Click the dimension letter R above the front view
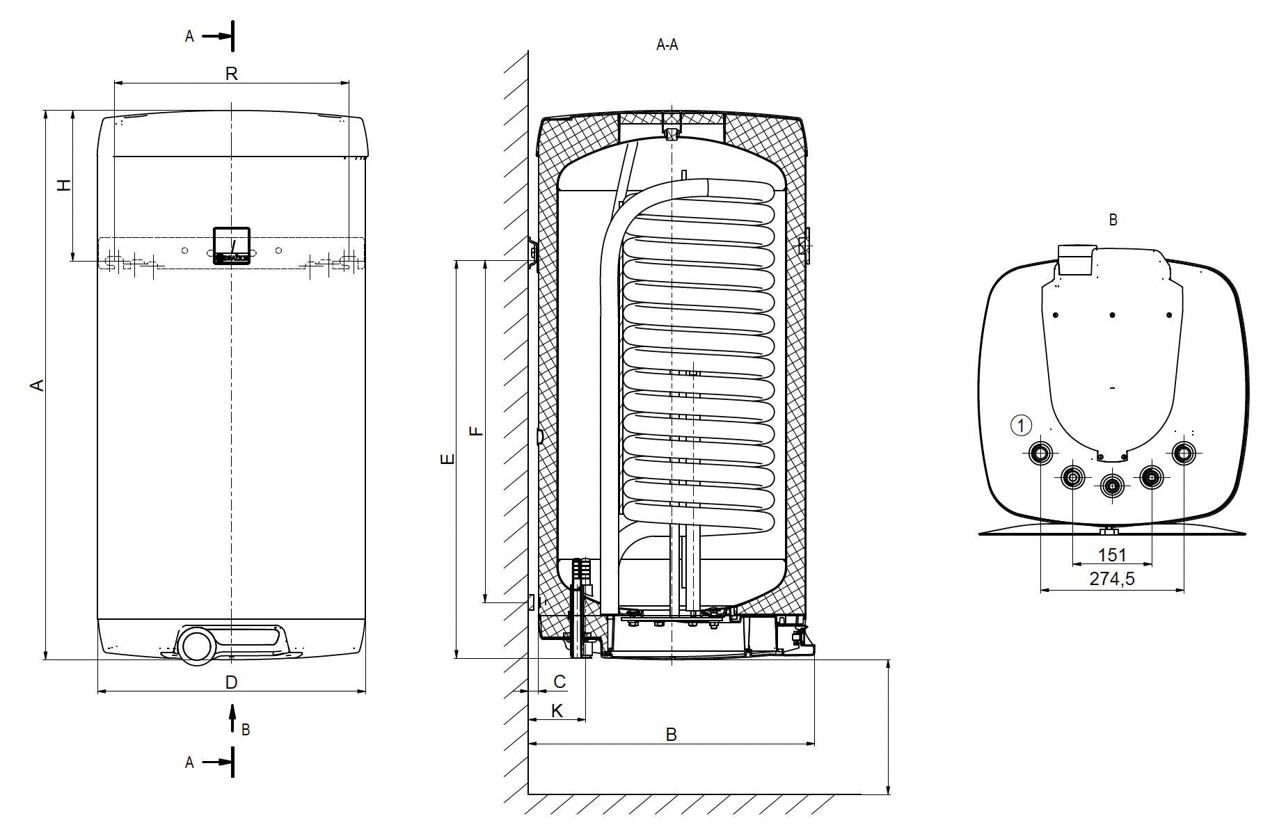coord(232,74)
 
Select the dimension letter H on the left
coord(64,185)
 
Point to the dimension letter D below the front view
coord(232,682)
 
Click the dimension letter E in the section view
coord(449,459)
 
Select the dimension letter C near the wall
coord(559,681)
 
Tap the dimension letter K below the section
coord(557,711)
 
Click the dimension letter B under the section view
coord(671,735)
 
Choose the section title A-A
coord(667,45)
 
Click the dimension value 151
coord(1111,555)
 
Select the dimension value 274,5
coord(1111,579)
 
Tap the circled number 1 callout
coord(1021,425)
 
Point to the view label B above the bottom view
coord(1113,220)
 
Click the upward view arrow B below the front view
coord(233,719)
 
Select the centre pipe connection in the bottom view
coord(1112,486)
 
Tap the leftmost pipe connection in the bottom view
coord(1041,454)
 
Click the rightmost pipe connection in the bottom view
coord(1183,454)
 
